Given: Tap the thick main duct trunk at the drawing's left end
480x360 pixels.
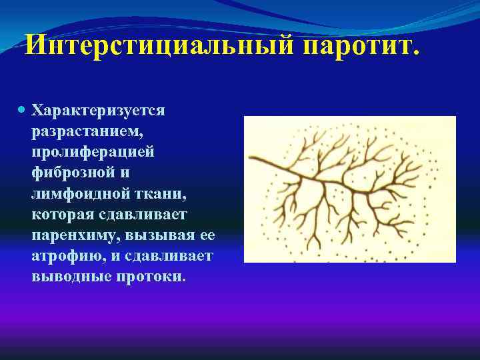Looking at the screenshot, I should click(263, 157).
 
